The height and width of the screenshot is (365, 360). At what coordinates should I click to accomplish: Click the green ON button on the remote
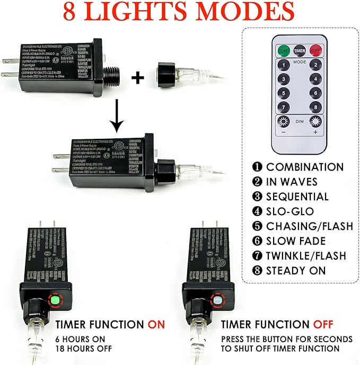click(x=284, y=51)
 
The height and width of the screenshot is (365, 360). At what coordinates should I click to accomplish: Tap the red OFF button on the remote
click(x=316, y=51)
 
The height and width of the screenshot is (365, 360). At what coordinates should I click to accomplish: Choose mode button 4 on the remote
click(x=316, y=80)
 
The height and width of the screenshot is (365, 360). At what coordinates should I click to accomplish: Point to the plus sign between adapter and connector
click(x=138, y=78)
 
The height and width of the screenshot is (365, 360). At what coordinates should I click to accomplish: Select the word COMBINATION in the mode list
click(x=304, y=167)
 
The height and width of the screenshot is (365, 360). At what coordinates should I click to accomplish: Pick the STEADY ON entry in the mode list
click(x=296, y=271)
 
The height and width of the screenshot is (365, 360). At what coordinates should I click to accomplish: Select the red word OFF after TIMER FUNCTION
click(x=323, y=324)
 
